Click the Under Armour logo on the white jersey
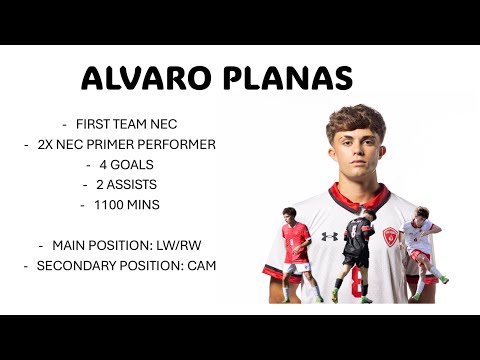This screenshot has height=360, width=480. coord(329,236)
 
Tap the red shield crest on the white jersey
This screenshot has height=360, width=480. coord(390,237)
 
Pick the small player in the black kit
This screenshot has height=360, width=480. coord(357,250)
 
